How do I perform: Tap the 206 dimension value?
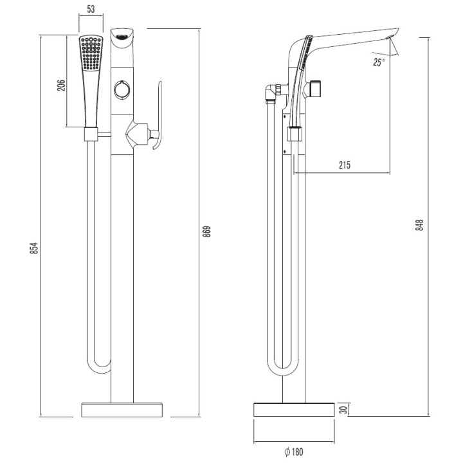pos(62,86)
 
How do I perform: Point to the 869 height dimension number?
pos(206,232)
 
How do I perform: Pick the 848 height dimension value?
pos(419,224)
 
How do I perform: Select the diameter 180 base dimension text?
pos(293,451)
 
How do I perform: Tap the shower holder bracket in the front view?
pos(91,134)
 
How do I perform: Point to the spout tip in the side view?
pos(394,36)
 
